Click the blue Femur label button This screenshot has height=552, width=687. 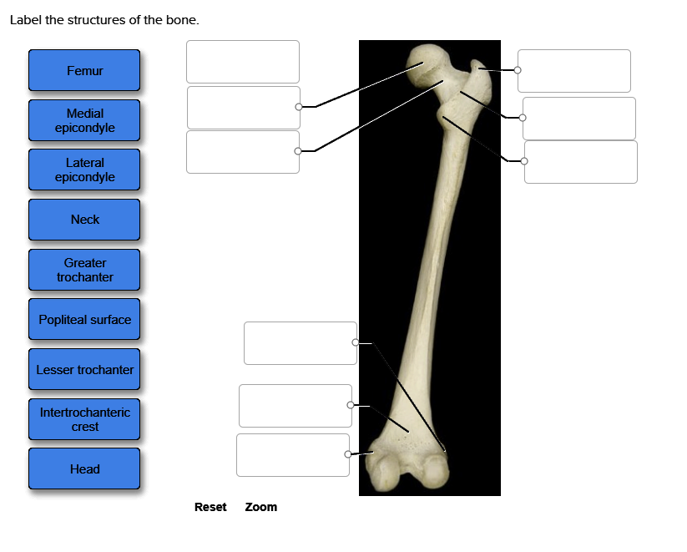click(x=84, y=71)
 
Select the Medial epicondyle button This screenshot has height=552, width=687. click(x=84, y=120)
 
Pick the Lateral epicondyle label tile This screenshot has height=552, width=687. click(x=84, y=170)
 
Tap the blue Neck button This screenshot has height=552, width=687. click(x=84, y=220)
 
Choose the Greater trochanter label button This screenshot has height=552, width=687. click(x=84, y=270)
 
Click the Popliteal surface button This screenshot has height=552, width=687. click(x=84, y=320)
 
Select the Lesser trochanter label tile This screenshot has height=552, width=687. click(x=84, y=369)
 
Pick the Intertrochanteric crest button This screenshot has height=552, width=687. click(x=84, y=419)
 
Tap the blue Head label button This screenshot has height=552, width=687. click(x=84, y=469)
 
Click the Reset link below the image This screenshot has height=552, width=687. click(x=210, y=507)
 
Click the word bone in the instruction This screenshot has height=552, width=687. click(x=184, y=20)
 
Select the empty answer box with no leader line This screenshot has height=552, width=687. click(x=242, y=62)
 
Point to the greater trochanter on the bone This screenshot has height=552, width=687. click(x=479, y=72)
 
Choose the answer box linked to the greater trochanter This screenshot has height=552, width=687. click(x=573, y=71)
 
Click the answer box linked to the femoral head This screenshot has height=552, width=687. click(x=242, y=108)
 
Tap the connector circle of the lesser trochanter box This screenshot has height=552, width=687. click(x=524, y=161)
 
